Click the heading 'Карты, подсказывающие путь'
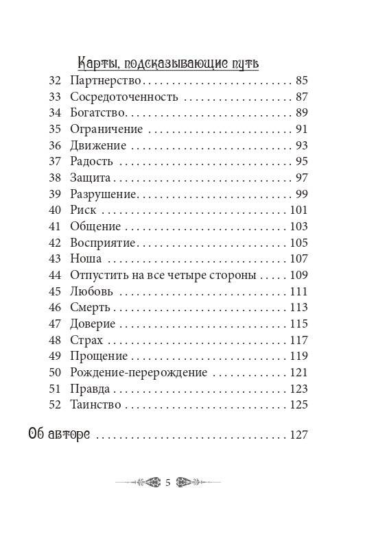(168, 62)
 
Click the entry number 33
(56, 97)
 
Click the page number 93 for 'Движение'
(302, 145)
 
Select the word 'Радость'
(91, 161)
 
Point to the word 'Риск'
(82, 210)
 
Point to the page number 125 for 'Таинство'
(299, 404)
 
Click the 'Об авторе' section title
(60, 435)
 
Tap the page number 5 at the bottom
(168, 482)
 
